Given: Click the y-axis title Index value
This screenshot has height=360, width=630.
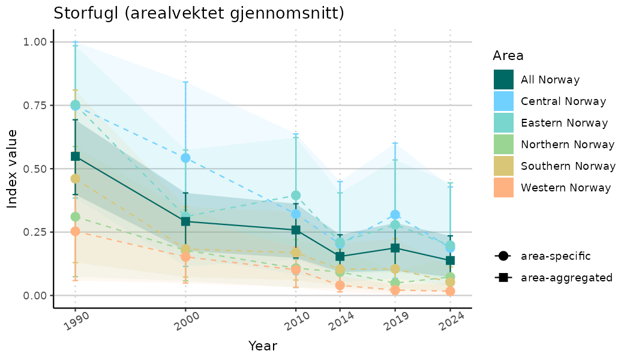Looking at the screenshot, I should point(13,169).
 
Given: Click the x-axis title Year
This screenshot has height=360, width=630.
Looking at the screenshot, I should point(263,346).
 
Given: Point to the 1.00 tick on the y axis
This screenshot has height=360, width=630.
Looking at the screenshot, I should point(34,42).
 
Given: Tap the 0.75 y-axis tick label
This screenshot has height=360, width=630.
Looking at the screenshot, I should point(34,106).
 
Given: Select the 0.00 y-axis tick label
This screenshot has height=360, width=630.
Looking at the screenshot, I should point(34,295).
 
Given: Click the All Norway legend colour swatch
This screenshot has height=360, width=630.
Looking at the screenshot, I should point(504,80).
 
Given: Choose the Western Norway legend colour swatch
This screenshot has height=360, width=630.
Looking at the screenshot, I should point(504,188).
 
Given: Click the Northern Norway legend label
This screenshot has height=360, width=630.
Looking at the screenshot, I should point(568,145).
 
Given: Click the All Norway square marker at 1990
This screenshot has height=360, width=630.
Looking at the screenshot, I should point(76,156).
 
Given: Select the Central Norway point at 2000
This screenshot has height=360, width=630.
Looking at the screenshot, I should point(185,158).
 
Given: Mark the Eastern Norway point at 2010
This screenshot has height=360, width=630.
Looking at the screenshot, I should point(296,195).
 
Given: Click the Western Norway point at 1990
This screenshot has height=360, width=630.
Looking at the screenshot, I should point(76,231).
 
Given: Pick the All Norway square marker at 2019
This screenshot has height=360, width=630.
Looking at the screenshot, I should point(395,248).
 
